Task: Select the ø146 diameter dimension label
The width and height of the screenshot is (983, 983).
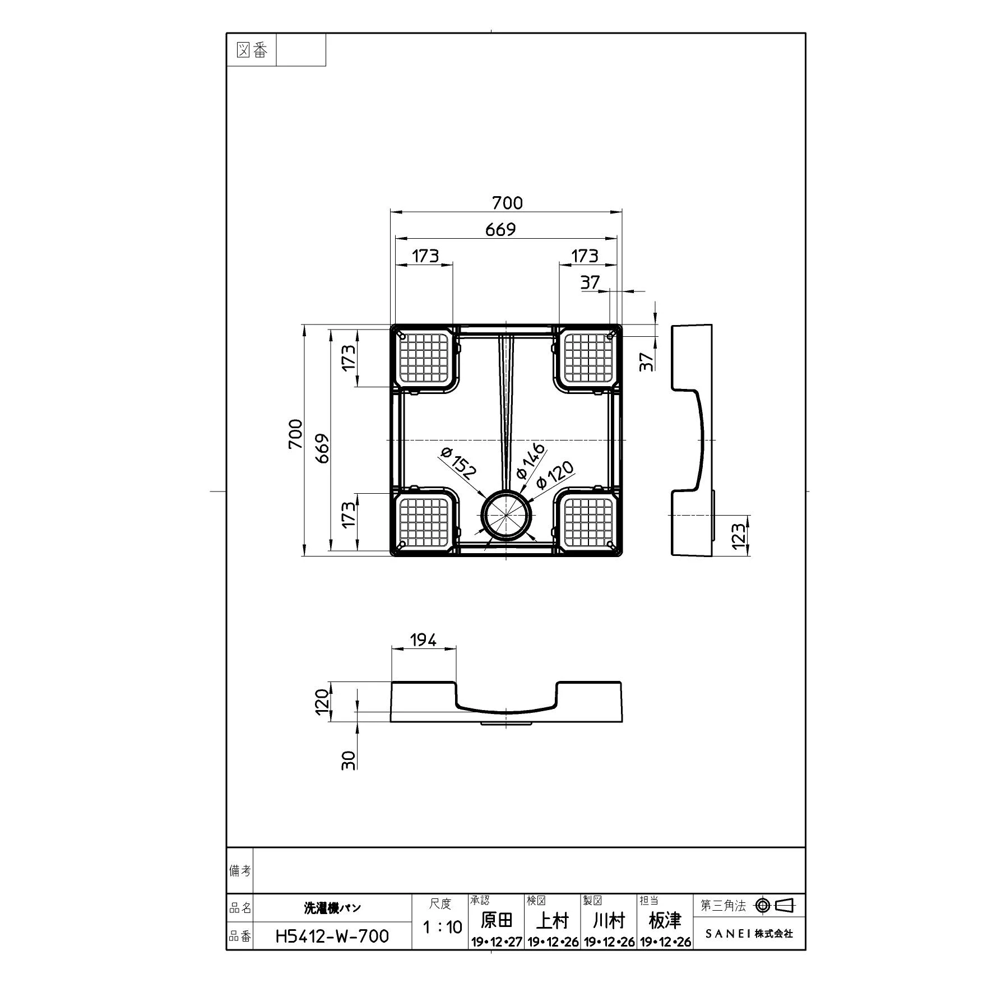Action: coord(529,461)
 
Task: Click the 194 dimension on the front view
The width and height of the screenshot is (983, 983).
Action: coord(423,639)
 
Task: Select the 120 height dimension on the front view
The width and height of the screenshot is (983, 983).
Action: coord(321,702)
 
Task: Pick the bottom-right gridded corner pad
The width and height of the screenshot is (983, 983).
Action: coord(588,522)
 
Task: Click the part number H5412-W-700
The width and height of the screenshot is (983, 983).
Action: coord(332,936)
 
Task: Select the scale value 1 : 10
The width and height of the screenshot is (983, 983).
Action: coord(442,927)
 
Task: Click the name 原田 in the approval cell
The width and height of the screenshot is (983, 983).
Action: coord(497,920)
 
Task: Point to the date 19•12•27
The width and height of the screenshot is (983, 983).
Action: coord(497,942)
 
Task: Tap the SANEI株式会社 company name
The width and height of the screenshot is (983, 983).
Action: coord(749,934)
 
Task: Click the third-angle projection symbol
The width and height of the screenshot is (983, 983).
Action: coord(776,905)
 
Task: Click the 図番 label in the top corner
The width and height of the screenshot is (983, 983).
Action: coord(252,50)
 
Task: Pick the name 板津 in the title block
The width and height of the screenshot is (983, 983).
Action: coord(665,920)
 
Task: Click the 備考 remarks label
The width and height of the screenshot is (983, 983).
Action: coord(240,871)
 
